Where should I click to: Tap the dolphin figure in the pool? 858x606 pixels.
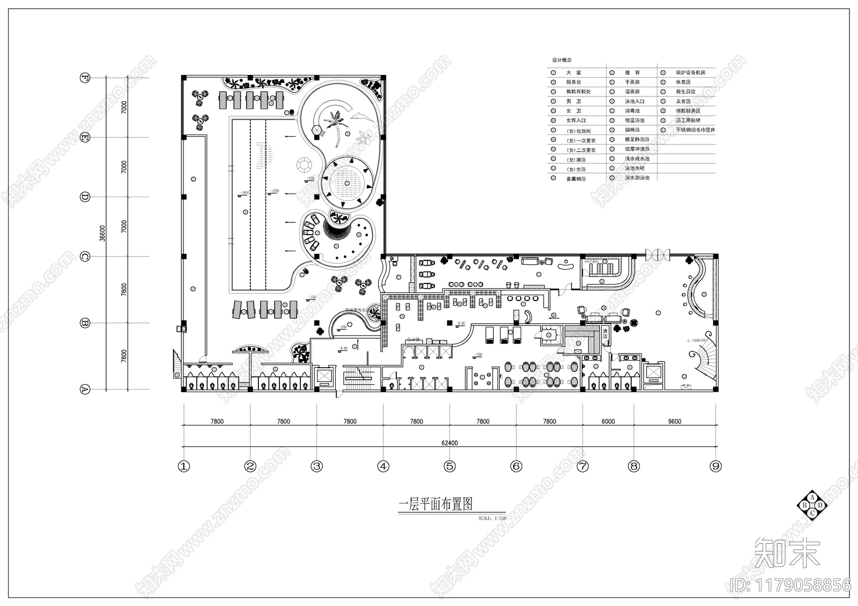359,115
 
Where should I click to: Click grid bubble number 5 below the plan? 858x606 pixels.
449,466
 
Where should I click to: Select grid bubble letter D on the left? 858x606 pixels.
84,197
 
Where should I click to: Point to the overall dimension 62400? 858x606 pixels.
449,443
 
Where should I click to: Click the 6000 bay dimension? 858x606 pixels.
608,421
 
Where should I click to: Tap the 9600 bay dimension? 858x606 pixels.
674,421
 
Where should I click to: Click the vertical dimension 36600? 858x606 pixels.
102,233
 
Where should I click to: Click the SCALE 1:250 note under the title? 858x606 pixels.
492,519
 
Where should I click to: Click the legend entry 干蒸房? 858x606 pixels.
632,82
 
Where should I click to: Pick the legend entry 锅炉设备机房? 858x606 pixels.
690,72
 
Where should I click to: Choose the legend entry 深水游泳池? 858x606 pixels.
637,177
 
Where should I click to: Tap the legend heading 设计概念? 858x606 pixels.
561,60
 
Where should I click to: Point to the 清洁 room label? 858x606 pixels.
605,333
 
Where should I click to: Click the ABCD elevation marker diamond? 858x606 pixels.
812,505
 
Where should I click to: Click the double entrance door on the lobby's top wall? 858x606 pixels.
657,253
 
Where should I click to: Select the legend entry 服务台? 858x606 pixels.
573,82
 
